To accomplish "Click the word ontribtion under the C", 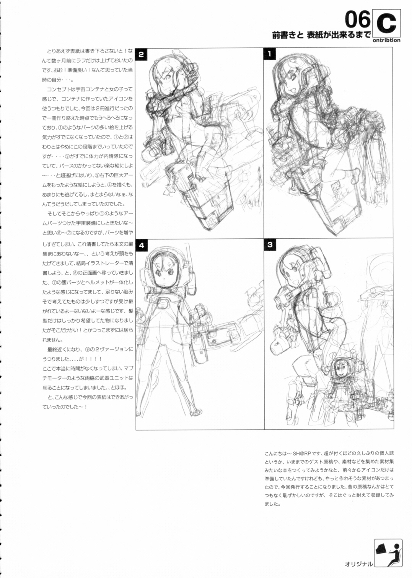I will (386, 40).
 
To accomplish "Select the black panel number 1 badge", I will (270, 54).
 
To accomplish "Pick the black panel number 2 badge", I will (142, 54).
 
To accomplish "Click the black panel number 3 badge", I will (270, 245).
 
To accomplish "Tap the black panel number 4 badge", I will (142, 245).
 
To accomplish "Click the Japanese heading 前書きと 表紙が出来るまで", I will (321, 35).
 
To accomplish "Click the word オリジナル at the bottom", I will (358, 563).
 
